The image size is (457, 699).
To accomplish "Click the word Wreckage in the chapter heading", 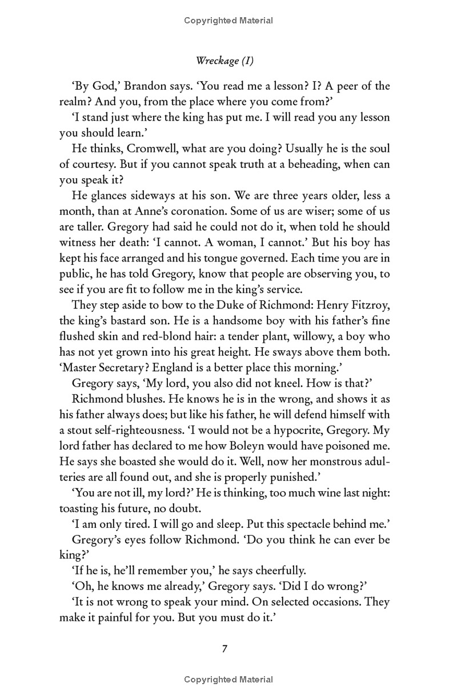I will (214, 61).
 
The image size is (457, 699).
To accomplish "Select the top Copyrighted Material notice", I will (228, 21).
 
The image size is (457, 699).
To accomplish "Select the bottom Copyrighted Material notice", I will (228, 680).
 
